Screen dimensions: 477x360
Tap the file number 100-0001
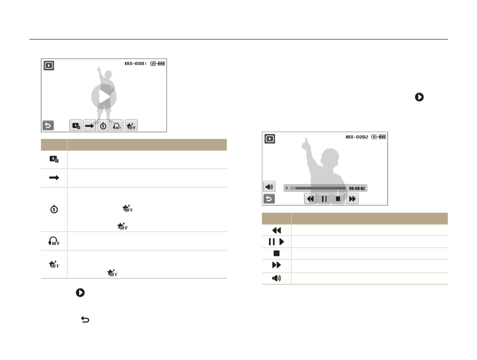[135, 63]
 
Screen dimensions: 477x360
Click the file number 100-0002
[356, 137]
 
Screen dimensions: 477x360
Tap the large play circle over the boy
[103, 97]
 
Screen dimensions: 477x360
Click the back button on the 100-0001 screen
[48, 125]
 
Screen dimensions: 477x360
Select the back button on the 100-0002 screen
[269, 198]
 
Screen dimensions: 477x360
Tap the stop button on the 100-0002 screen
[338, 198]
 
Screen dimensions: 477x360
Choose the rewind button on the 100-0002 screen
[310, 198]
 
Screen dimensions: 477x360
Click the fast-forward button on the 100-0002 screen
[352, 198]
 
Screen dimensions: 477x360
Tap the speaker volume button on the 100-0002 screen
[269, 186]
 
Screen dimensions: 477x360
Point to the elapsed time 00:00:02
[357, 188]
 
